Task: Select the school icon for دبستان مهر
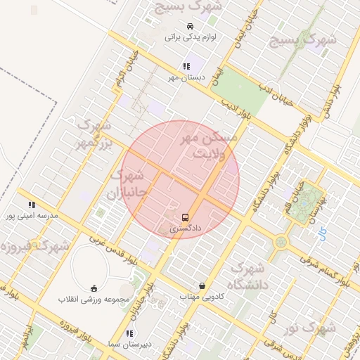186,66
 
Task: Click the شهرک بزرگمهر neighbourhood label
95,134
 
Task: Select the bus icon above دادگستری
186,217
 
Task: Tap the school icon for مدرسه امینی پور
31,205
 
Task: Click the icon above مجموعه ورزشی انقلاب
94,288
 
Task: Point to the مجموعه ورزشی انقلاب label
94,299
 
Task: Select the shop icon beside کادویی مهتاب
202,286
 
